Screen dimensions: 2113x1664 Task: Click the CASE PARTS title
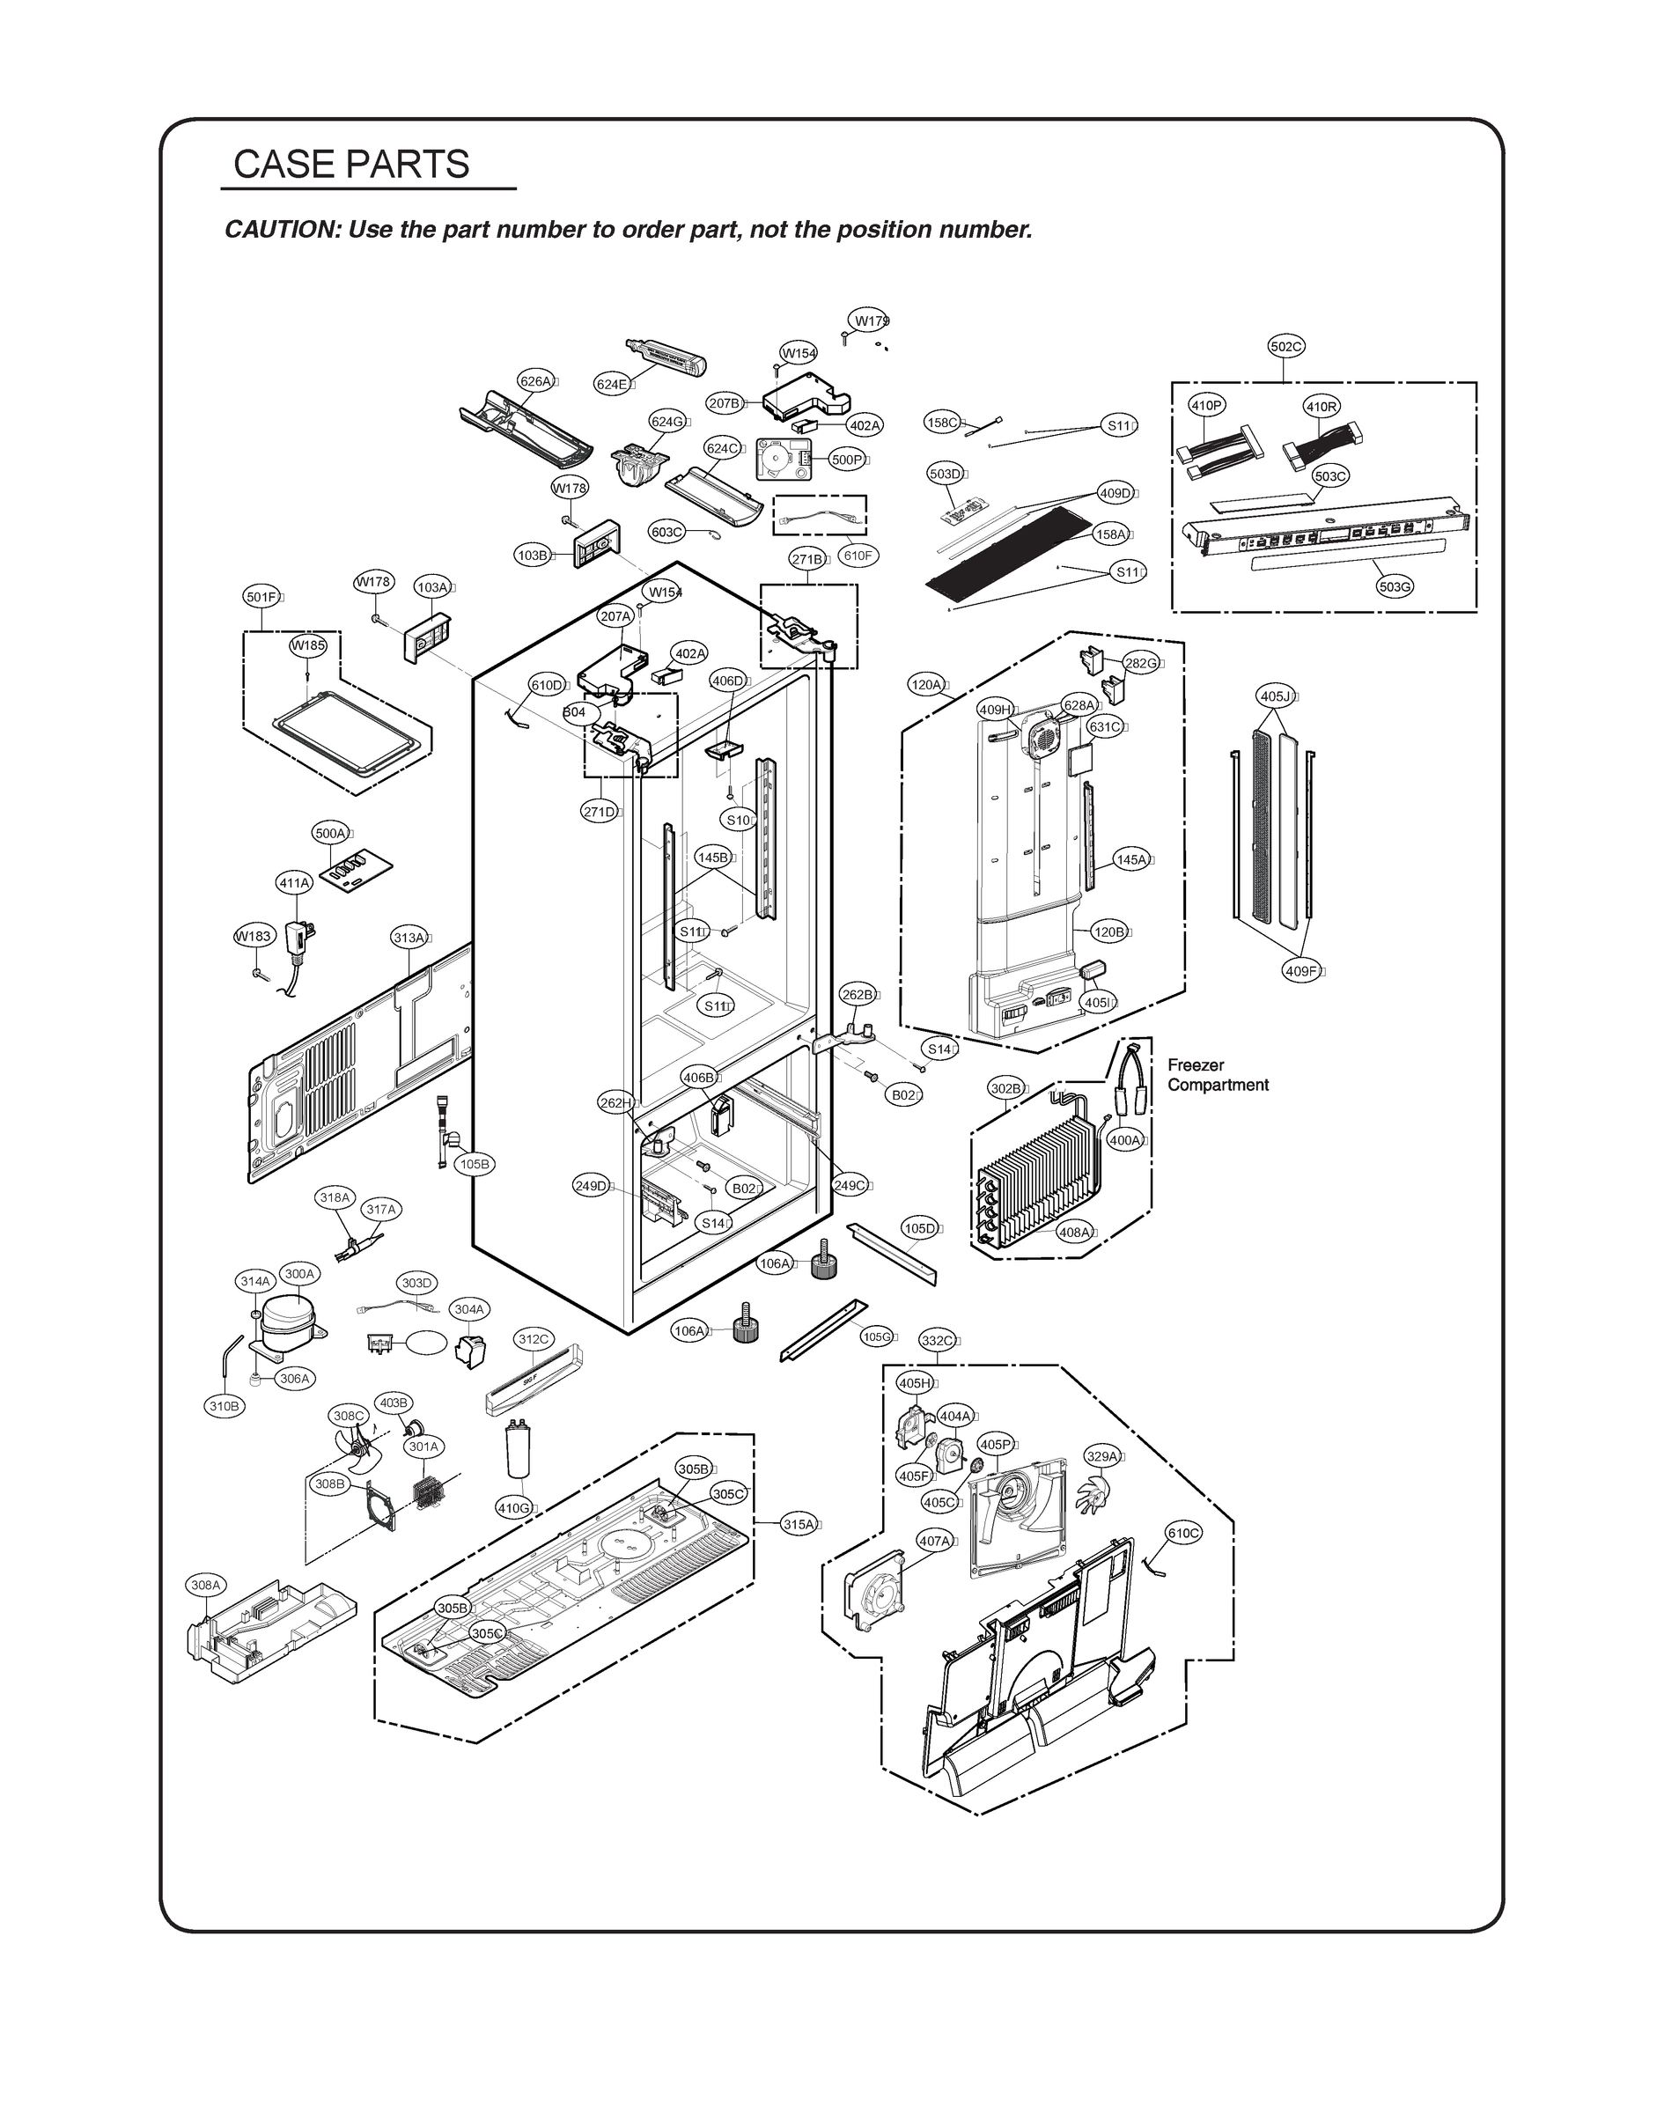[351, 164]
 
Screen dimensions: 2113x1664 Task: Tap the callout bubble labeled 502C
[1286, 346]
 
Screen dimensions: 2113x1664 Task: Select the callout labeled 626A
[536, 381]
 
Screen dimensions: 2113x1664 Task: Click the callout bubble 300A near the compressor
[299, 1273]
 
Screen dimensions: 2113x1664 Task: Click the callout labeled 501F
[261, 597]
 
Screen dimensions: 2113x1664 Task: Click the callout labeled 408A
[1075, 1233]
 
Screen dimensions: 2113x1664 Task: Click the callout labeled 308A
[205, 1585]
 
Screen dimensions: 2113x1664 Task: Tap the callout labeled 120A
[926, 685]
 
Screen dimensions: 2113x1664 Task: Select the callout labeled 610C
[1183, 1533]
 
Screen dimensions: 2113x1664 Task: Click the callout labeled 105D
[918, 1228]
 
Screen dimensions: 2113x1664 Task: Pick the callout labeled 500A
[330, 833]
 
